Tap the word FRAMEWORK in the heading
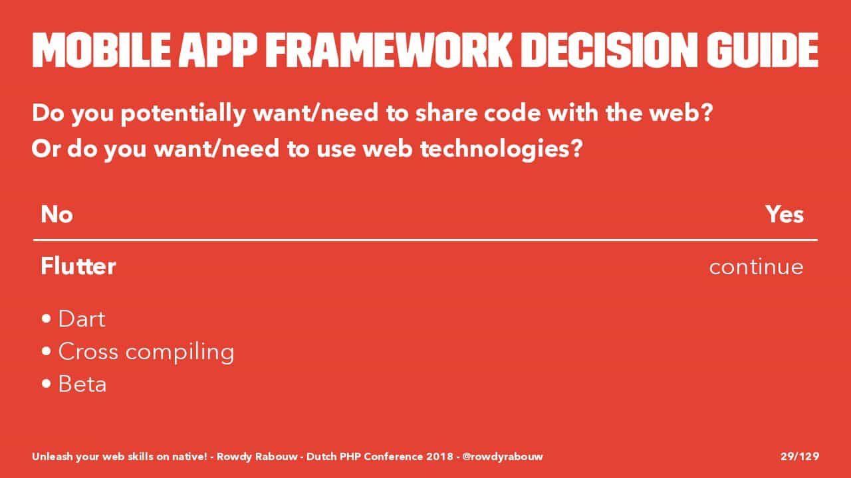389,50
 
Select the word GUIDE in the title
763,50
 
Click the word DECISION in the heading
610,50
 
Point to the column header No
57,214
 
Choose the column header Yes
785,214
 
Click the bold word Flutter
78,266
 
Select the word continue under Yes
757,267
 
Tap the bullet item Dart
82,319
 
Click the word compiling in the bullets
180,353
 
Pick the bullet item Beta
82,384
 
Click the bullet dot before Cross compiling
47,351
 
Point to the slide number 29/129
800,456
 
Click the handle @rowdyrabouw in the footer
503,457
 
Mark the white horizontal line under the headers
425,240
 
